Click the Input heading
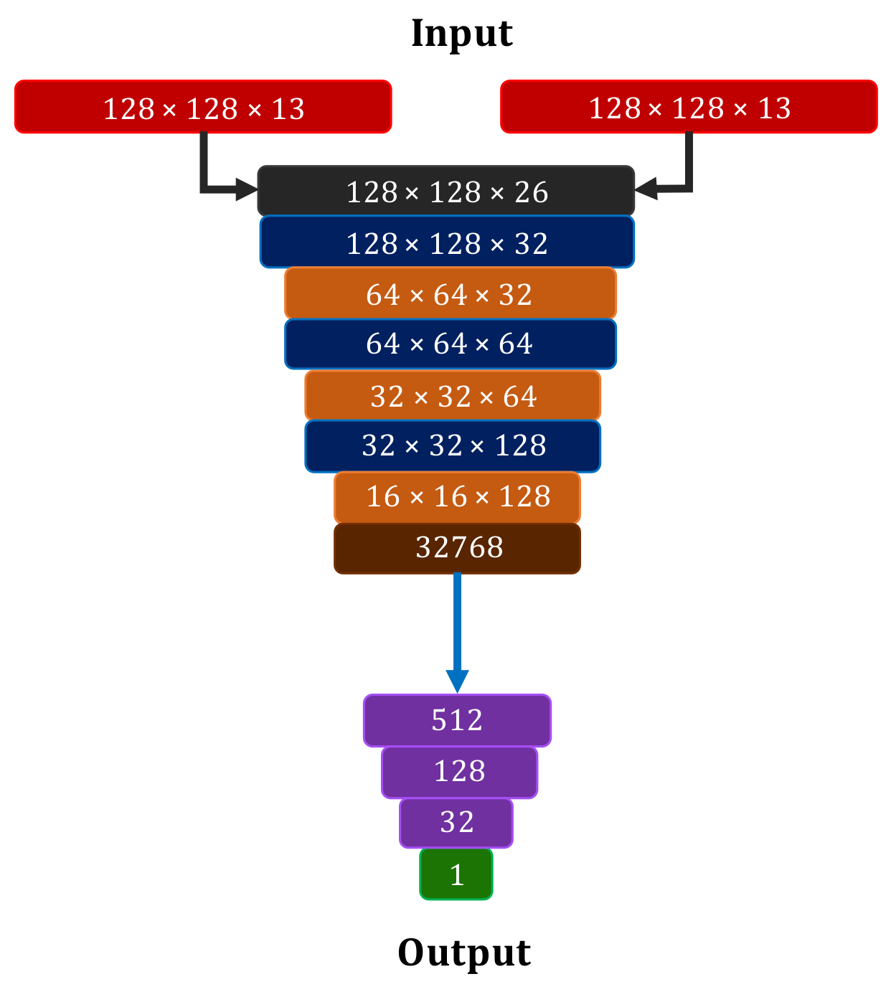click(461, 34)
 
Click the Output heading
click(464, 953)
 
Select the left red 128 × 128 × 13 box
click(203, 107)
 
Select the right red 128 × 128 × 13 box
click(689, 107)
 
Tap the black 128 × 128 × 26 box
click(445, 191)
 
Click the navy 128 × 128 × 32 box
click(447, 242)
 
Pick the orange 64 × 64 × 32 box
click(450, 293)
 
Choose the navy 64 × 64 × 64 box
click(450, 344)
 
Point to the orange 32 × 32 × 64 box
click(453, 395)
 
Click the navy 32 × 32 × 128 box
click(453, 446)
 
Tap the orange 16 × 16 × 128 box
click(457, 497)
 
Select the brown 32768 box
click(457, 549)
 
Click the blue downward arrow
click(457, 631)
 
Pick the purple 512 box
click(457, 720)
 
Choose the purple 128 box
click(459, 772)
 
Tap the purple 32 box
click(456, 823)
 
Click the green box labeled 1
click(456, 874)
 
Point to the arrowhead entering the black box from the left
click(247, 190)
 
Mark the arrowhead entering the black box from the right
click(646, 189)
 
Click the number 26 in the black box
click(532, 192)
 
